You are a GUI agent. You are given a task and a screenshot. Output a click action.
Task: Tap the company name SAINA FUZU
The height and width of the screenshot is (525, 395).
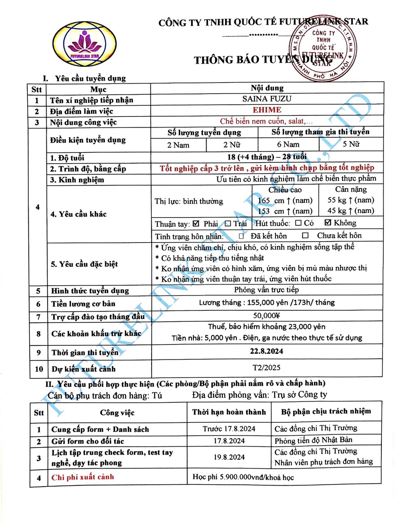(x=267, y=99)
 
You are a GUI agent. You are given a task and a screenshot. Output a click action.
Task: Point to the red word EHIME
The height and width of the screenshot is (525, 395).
(x=267, y=110)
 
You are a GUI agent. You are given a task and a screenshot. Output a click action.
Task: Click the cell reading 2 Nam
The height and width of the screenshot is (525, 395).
(x=178, y=145)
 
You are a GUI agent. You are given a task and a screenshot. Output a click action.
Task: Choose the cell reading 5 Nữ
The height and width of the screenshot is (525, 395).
(x=351, y=144)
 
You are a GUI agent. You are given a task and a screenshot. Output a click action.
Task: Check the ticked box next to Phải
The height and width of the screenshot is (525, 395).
(x=196, y=224)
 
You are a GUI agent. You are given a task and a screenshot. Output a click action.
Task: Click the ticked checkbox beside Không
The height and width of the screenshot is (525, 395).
(x=328, y=223)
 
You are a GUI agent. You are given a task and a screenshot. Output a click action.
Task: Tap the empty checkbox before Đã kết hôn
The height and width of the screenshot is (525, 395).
(x=241, y=236)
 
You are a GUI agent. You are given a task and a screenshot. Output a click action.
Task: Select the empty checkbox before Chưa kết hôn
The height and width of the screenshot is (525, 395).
(x=305, y=235)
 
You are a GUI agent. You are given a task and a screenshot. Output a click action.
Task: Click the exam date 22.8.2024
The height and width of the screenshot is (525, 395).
(x=267, y=351)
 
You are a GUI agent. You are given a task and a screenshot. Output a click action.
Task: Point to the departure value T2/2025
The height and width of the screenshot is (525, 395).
(x=267, y=368)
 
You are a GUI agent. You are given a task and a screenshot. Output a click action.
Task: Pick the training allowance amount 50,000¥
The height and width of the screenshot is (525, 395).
(x=267, y=316)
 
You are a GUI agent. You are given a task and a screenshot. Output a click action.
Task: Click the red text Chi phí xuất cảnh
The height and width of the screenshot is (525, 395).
(x=83, y=477)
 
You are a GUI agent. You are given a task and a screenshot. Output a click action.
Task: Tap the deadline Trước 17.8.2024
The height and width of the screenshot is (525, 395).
(x=229, y=429)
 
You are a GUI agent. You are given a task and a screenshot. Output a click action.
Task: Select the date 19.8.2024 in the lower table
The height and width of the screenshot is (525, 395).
(x=229, y=457)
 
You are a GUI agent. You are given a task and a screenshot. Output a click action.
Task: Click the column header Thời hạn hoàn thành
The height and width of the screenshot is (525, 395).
(x=229, y=412)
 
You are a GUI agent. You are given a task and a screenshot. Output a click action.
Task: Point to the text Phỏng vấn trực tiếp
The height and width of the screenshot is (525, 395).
(x=266, y=290)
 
